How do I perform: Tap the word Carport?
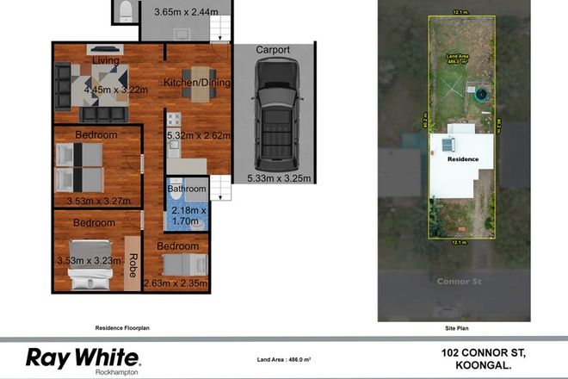(x=273, y=50)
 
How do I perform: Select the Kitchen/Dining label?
(x=197, y=84)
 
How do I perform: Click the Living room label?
(x=106, y=59)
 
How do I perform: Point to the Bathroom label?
(x=187, y=189)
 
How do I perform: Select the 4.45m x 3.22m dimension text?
(x=116, y=88)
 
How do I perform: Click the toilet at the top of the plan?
(x=125, y=10)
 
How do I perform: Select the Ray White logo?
(x=83, y=357)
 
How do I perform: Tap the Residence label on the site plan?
(x=462, y=160)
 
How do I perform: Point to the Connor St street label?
(x=456, y=281)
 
